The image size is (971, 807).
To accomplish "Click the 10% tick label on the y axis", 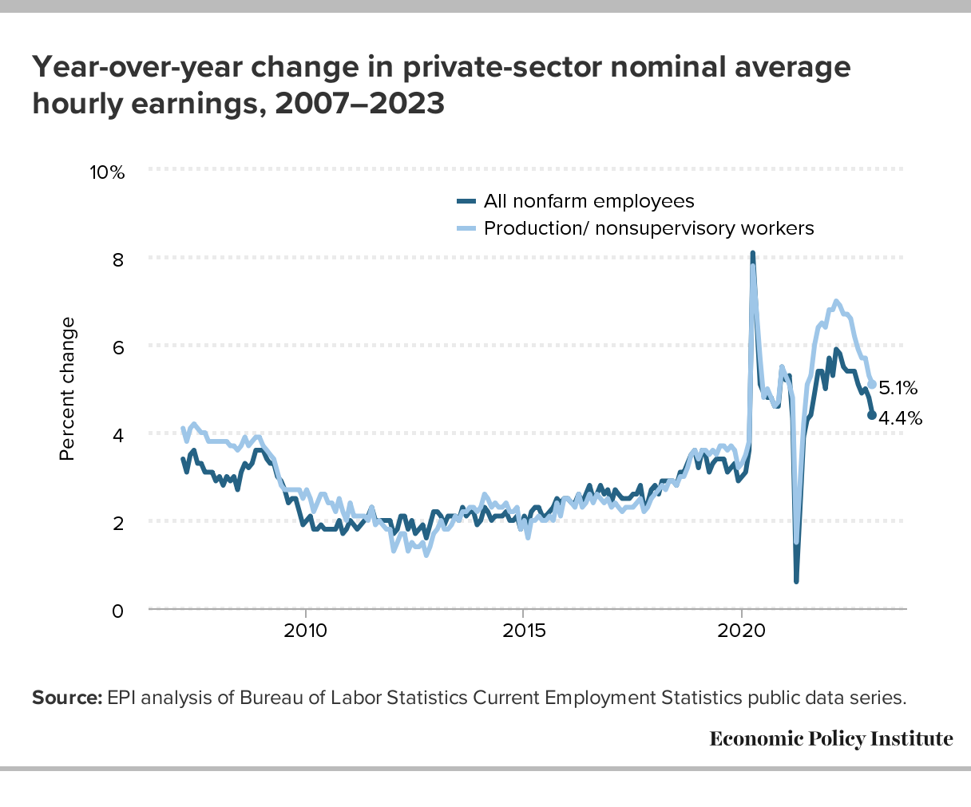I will (107, 172).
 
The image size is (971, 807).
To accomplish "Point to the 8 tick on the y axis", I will (117, 259).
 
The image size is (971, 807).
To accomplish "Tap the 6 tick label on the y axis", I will (117, 347).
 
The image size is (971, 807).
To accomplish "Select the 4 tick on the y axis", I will (117, 435).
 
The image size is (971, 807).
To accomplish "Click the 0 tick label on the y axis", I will (117, 611).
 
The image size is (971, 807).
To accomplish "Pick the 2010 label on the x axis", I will (305, 631).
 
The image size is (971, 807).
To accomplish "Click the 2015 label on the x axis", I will (523, 631).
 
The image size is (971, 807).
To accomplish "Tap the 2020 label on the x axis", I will (742, 631).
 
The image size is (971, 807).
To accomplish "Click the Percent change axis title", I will (68, 389).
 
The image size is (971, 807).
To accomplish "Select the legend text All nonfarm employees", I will (589, 201).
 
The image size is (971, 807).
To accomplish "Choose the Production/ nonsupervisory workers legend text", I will (649, 228).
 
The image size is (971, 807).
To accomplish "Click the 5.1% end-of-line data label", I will (898, 389).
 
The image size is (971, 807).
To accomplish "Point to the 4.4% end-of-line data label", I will (900, 417).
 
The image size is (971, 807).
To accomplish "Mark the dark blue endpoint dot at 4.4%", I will (871, 415).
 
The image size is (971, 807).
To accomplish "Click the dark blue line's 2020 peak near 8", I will (752, 254).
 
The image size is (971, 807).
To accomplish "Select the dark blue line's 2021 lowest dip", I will (796, 580).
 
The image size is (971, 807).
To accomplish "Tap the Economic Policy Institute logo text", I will (830, 738).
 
